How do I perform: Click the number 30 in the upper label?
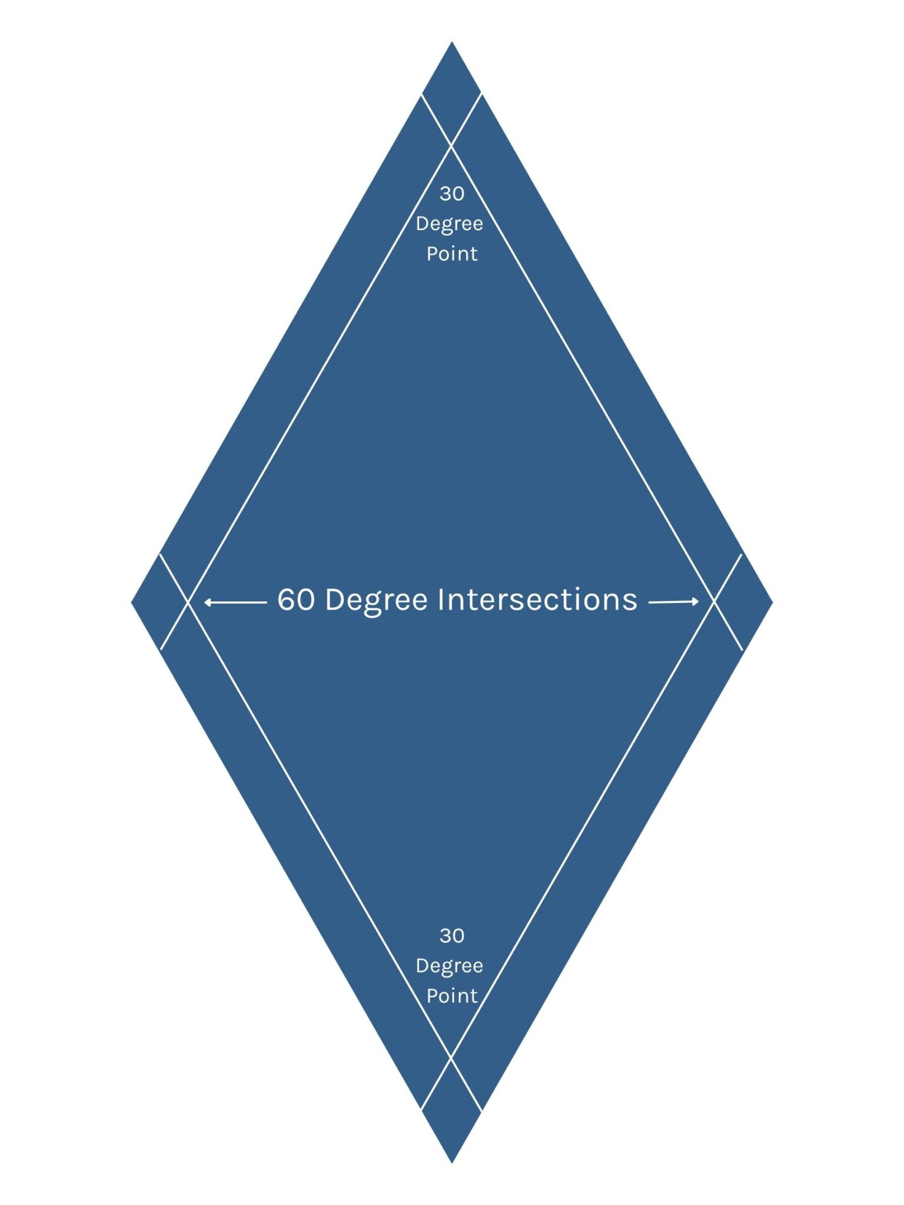[451, 194]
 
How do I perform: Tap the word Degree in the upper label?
[449, 224]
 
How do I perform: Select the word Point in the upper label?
[451, 254]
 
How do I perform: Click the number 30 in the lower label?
[451, 936]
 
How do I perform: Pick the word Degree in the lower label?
[449, 966]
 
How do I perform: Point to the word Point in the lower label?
[451, 996]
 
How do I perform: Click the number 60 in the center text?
[296, 600]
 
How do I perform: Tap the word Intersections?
[537, 600]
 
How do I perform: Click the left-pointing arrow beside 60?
[235, 602]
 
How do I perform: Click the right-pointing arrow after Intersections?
[673, 601]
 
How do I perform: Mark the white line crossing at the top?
[451, 145]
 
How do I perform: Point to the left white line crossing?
[188, 602]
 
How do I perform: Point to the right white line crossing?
[714, 601]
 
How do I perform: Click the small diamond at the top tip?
[451, 94]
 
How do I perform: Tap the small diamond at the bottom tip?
[451, 1109]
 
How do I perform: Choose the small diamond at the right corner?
[743, 602]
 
